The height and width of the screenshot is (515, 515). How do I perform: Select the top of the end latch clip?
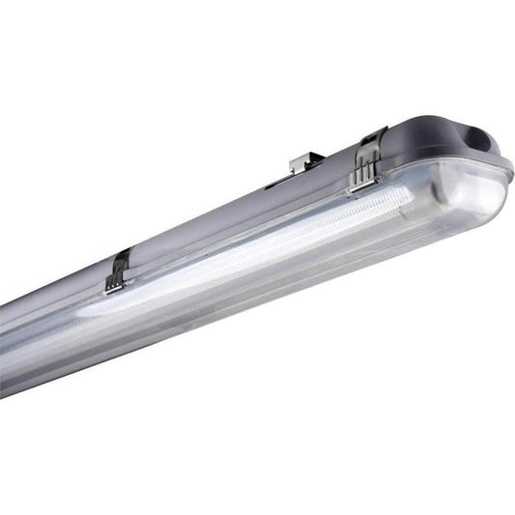tap(370, 142)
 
